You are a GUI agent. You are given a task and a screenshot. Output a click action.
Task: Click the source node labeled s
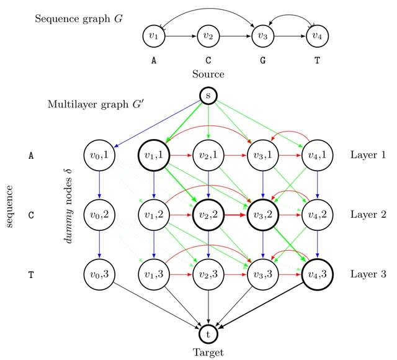click(x=208, y=95)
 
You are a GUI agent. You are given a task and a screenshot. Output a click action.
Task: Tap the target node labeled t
click(x=208, y=334)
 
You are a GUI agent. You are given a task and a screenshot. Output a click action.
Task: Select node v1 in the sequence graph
click(x=153, y=36)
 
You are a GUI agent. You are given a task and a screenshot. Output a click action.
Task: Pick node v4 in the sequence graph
click(x=318, y=36)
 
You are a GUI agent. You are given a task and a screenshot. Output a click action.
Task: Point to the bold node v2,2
click(x=208, y=215)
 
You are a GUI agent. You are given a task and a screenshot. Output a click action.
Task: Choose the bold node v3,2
click(x=263, y=215)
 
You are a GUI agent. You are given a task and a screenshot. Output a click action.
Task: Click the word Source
click(x=208, y=74)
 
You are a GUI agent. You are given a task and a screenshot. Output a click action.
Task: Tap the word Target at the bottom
click(x=208, y=352)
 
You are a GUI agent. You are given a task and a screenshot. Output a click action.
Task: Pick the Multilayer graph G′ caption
click(x=95, y=103)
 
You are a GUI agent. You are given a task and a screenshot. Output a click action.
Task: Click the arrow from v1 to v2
click(x=181, y=36)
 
